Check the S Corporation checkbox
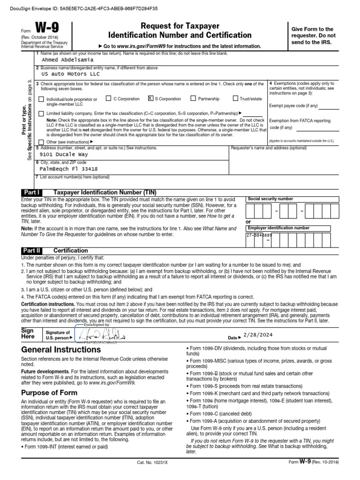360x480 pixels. tap(150, 99)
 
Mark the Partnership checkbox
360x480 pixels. tap(193, 99)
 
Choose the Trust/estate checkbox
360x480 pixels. tap(236, 99)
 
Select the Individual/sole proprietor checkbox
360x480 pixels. tap(42, 99)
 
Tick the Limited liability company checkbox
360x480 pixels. tap(42, 113)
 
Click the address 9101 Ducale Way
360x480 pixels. tap(64, 154)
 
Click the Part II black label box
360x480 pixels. tap(32, 250)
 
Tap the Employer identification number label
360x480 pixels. tap(278, 228)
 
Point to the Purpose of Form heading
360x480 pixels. tap(52, 392)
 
